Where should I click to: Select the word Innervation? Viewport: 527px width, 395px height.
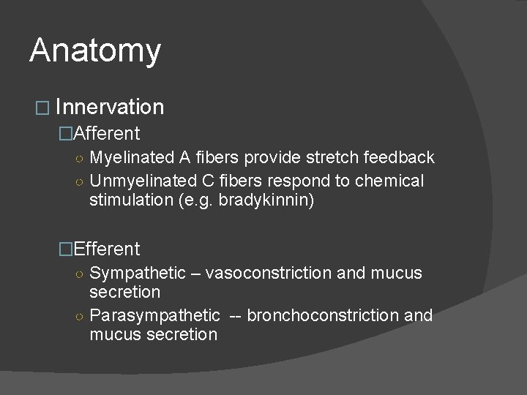(x=109, y=108)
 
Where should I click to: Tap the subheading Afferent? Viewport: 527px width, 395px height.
(x=106, y=133)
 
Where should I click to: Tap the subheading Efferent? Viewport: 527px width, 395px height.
(x=106, y=249)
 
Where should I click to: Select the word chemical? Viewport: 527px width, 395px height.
(x=392, y=180)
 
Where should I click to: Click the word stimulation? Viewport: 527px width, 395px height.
(x=130, y=200)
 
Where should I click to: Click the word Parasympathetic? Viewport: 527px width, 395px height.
(x=154, y=315)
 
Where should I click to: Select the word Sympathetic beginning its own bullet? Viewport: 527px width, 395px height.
(x=138, y=273)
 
